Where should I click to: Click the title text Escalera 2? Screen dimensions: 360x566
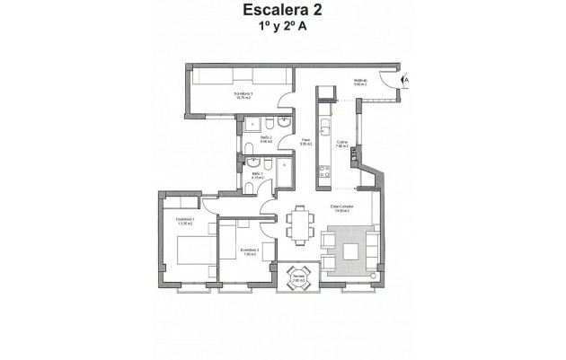tap(283, 11)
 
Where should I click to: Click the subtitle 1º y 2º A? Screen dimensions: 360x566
tap(283, 28)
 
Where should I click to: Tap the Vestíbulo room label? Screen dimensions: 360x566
tap(360, 83)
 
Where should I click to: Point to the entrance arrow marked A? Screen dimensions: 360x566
tap(406, 80)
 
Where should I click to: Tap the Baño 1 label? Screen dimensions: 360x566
tap(257, 175)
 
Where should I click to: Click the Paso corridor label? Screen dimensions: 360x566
tap(305, 142)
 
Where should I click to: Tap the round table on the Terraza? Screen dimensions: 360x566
tap(297, 276)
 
